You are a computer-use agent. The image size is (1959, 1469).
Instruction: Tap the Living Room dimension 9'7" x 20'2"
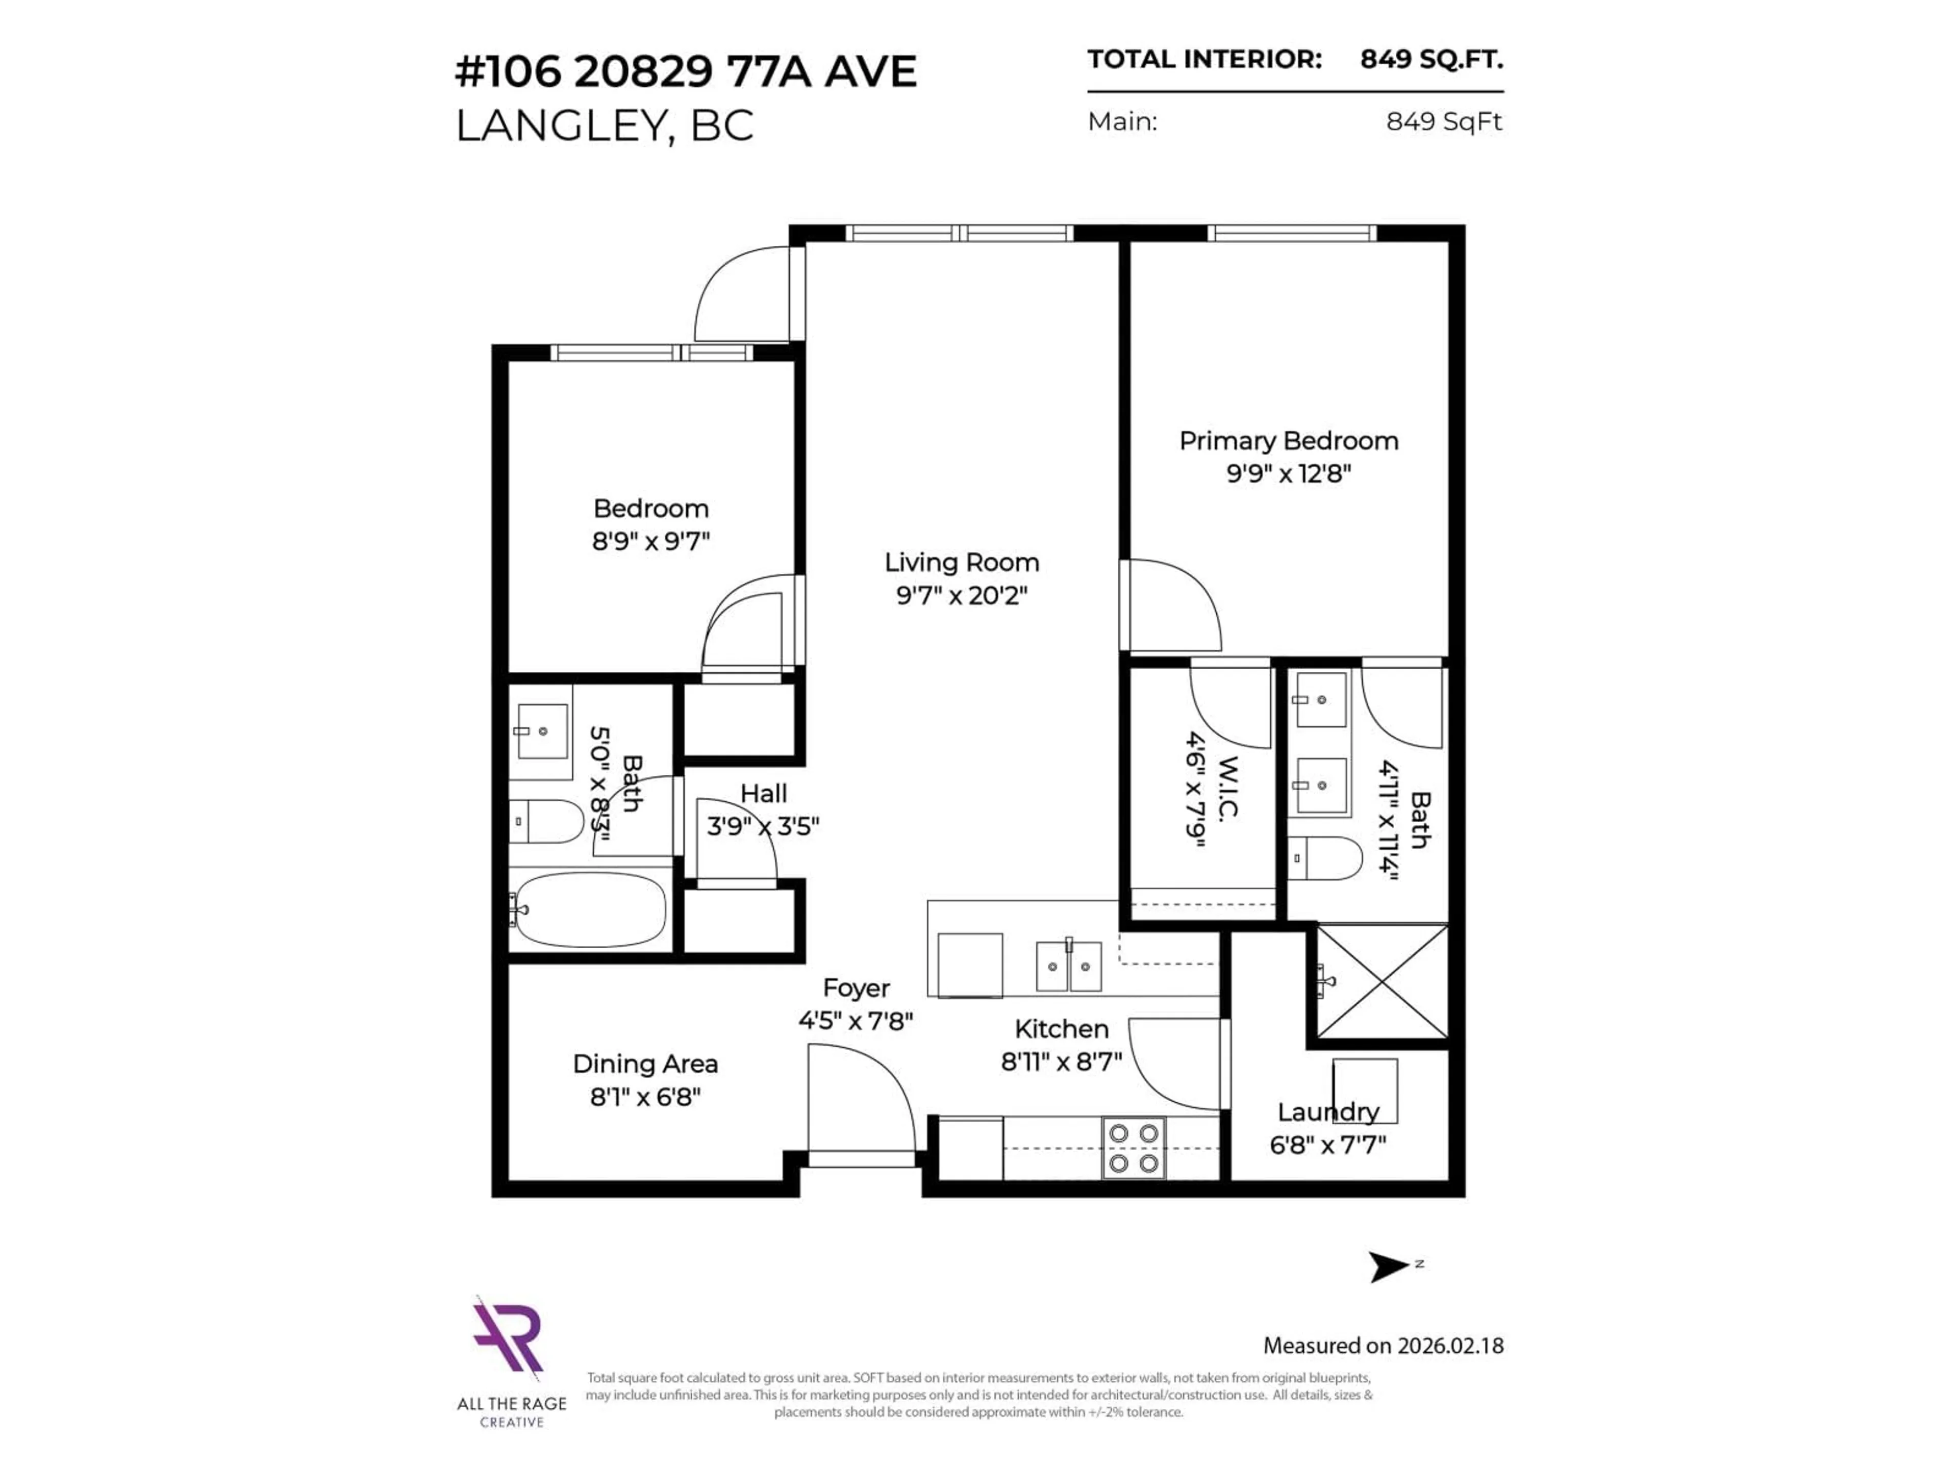click(961, 595)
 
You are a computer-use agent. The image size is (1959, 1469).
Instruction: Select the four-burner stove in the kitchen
click(1134, 1149)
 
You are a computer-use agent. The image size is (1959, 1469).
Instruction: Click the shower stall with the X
click(1383, 981)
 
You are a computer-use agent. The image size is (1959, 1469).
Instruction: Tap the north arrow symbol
click(1388, 1266)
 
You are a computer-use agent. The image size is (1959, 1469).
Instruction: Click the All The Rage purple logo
click(508, 1337)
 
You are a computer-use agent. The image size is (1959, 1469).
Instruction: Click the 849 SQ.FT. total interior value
click(1431, 59)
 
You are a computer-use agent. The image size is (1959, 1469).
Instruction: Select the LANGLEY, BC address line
click(604, 126)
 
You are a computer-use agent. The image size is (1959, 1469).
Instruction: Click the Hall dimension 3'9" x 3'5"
click(763, 826)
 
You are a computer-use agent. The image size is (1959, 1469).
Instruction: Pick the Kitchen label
click(1061, 1029)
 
